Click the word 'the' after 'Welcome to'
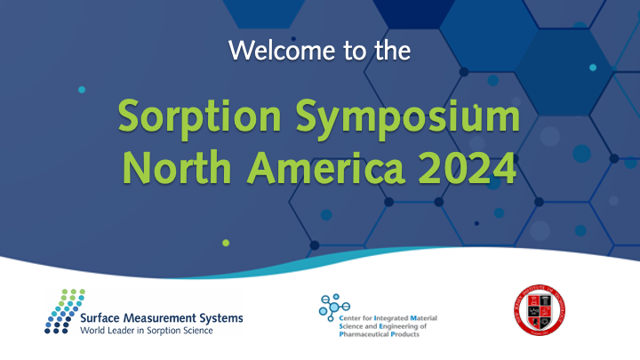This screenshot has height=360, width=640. [x=389, y=51]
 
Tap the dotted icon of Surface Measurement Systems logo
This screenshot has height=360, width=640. [x=65, y=311]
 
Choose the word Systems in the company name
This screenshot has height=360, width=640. [x=222, y=317]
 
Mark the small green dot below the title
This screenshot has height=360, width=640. [x=226, y=242]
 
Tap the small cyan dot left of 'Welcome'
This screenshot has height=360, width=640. [x=82, y=90]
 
